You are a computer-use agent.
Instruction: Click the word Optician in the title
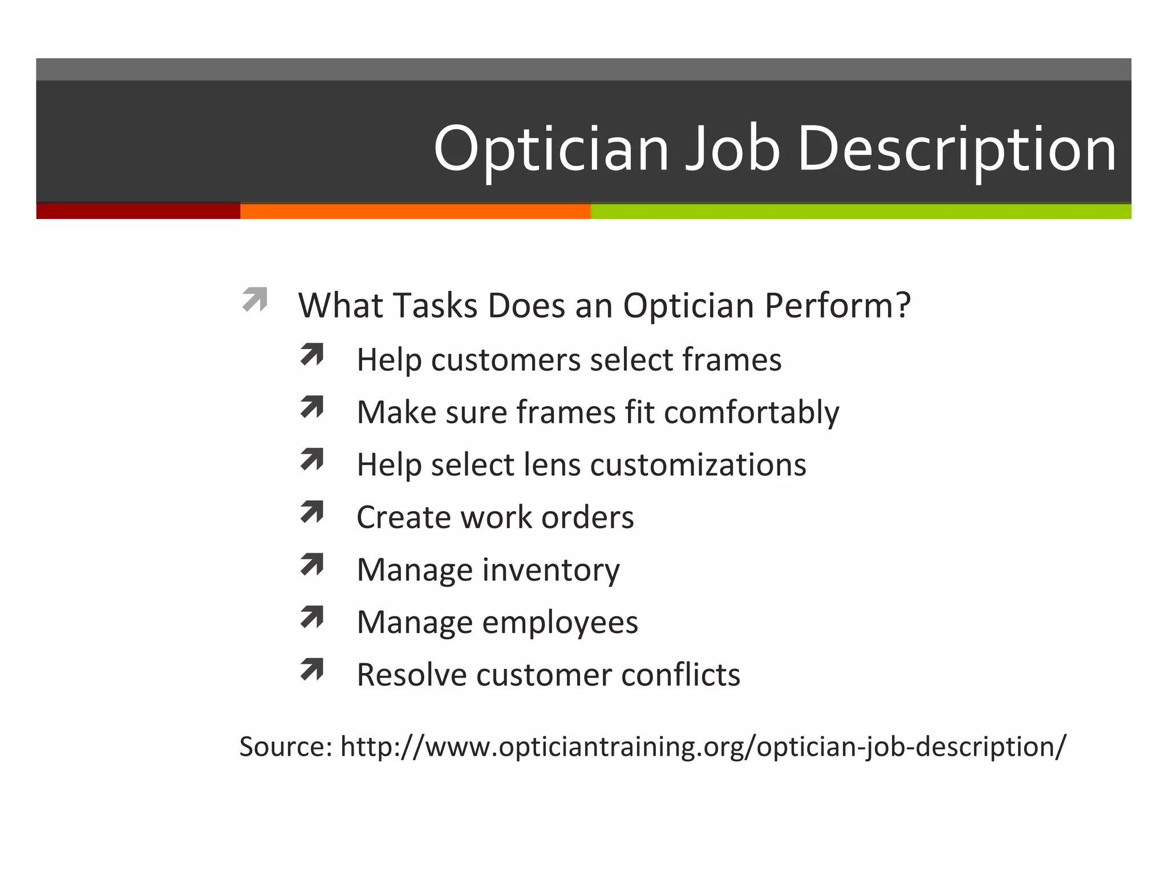tap(551, 149)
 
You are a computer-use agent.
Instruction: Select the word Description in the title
tap(956, 149)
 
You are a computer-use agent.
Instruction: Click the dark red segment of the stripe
tap(138, 211)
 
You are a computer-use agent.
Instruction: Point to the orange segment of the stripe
tap(415, 211)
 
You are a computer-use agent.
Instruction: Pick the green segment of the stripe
tap(861, 211)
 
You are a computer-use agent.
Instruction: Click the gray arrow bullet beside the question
tap(254, 299)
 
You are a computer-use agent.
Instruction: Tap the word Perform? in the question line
tap(837, 306)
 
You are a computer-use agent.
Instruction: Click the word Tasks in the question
tap(435, 306)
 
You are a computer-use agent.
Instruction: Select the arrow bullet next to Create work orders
tap(312, 512)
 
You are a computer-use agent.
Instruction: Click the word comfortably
tap(752, 412)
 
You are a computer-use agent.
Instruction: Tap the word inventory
tap(551, 570)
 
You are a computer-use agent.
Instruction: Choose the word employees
tap(560, 622)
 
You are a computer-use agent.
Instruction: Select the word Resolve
tap(411, 675)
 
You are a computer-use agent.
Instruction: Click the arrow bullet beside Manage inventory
tap(312, 565)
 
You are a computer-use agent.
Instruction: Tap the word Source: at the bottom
tap(286, 747)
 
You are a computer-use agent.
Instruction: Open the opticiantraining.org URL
tap(703, 747)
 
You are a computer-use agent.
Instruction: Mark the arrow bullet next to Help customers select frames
tap(312, 355)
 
